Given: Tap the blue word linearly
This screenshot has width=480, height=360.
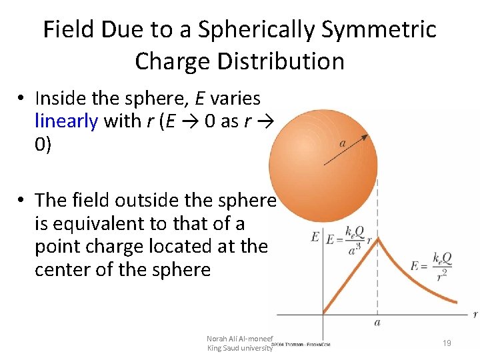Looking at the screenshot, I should point(66,121).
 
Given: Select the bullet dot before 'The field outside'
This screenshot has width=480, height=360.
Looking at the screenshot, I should point(23,201).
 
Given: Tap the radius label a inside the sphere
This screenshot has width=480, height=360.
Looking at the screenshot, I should point(342,143).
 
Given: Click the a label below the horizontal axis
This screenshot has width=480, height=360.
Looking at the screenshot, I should point(377,323).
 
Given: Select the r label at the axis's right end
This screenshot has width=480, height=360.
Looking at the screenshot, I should point(474,313).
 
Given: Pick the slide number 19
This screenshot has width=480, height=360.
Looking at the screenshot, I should point(447,343).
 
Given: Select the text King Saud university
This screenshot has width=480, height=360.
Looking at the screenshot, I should point(240,348).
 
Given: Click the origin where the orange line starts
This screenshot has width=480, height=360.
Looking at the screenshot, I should point(323,313).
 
